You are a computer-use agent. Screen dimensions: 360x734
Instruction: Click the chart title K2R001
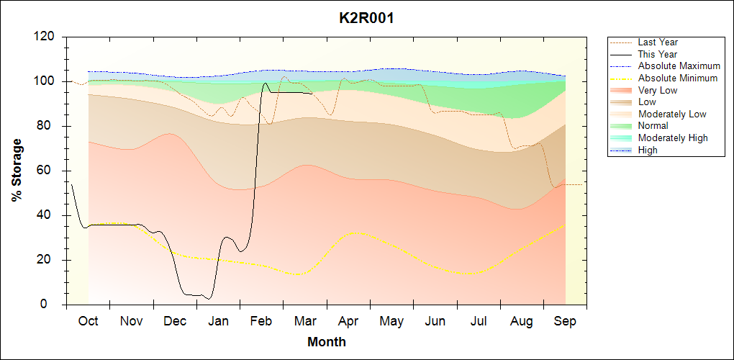(x=366, y=18)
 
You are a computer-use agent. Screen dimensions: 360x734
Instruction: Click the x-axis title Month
(x=326, y=342)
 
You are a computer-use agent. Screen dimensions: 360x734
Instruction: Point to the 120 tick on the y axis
(x=46, y=37)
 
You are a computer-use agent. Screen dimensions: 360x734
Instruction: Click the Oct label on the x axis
(x=88, y=321)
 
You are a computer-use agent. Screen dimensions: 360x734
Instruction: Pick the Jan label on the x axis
(x=218, y=321)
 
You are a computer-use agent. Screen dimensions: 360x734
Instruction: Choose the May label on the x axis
(x=391, y=321)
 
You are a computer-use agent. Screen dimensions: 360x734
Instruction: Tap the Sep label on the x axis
(x=565, y=321)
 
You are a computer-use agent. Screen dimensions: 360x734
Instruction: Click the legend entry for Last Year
(x=658, y=42)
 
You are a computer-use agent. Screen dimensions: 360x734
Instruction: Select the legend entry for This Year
(x=658, y=54)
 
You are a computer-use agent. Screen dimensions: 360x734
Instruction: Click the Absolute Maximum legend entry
(x=679, y=66)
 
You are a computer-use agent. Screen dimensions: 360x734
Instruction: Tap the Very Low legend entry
(x=658, y=90)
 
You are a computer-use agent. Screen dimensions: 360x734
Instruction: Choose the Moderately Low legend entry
(x=672, y=114)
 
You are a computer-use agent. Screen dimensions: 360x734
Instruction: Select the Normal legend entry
(x=653, y=126)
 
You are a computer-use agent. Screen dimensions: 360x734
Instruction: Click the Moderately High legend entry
(x=673, y=138)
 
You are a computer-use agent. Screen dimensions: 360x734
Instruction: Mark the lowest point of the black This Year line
(x=209, y=298)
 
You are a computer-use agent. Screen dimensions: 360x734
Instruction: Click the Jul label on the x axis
(x=479, y=321)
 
